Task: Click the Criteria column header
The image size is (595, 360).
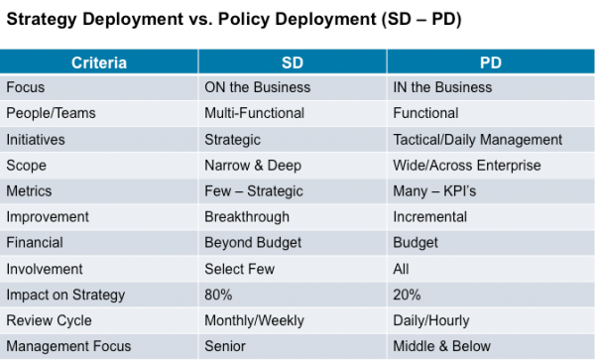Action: pyautogui.click(x=98, y=62)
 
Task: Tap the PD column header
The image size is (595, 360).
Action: pyautogui.click(x=489, y=62)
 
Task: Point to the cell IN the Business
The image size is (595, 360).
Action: pyautogui.click(x=442, y=87)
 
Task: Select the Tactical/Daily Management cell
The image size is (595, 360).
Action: pyautogui.click(x=478, y=139)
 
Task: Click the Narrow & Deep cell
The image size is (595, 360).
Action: pyautogui.click(x=252, y=165)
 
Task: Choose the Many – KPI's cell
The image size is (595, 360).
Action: pyautogui.click(x=434, y=190)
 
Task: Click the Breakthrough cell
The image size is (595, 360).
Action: pyautogui.click(x=247, y=216)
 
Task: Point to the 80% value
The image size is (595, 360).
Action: pyautogui.click(x=220, y=295)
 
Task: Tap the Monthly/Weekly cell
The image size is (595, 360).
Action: pyautogui.click(x=253, y=320)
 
